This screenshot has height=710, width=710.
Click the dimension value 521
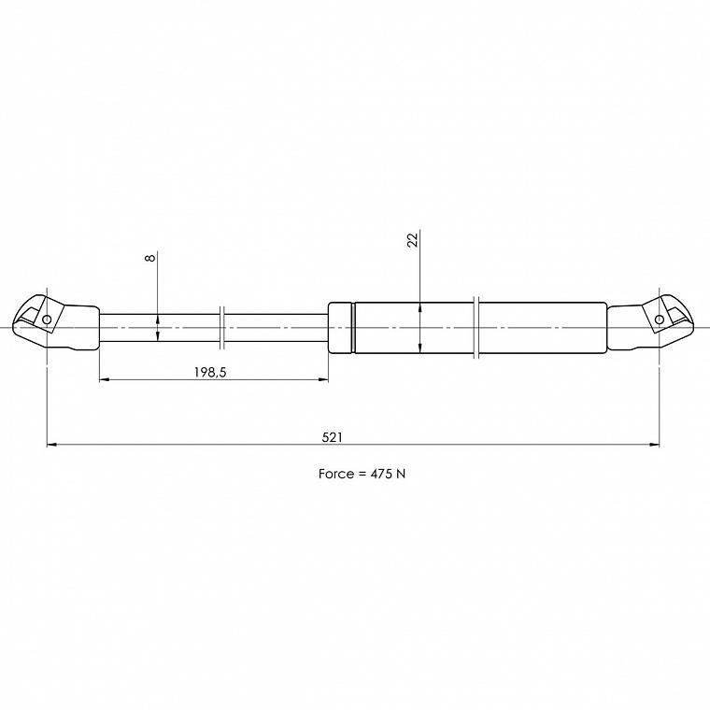[333, 437]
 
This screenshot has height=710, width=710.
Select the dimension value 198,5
[210, 372]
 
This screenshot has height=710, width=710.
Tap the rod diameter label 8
[150, 257]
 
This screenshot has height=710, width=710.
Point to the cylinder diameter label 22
[413, 240]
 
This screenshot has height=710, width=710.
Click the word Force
[336, 474]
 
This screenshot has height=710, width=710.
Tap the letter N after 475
[401, 474]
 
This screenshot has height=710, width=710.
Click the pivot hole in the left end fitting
[47, 319]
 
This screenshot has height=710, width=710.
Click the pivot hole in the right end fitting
[660, 319]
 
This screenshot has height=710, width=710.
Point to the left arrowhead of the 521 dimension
[51, 445]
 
